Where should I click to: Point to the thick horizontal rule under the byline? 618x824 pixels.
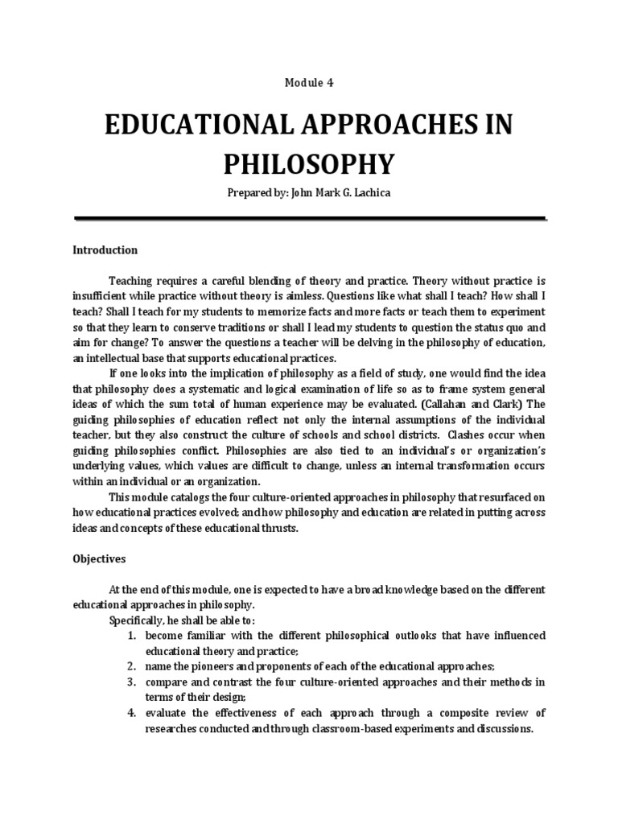coord(310,218)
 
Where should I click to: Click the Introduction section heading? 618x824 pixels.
coord(105,250)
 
